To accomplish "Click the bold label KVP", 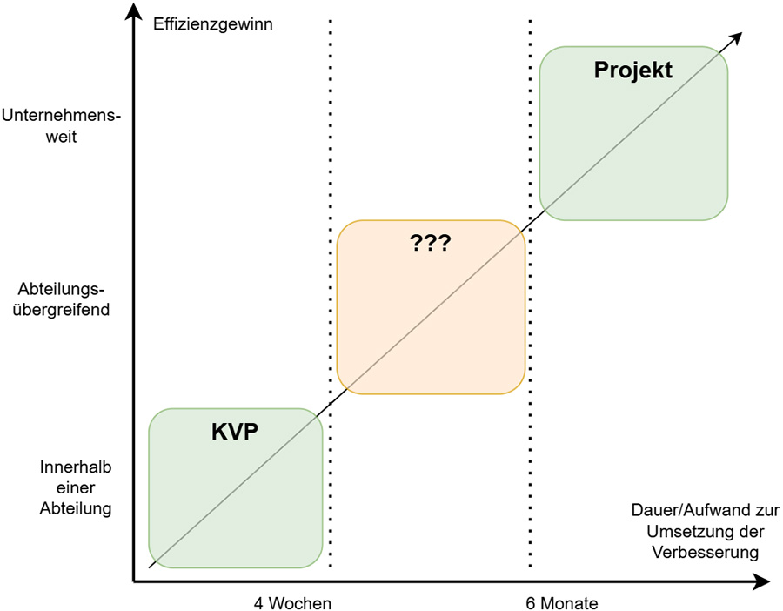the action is (x=235, y=432).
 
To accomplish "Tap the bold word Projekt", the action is (x=633, y=70).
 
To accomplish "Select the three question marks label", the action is (x=431, y=244).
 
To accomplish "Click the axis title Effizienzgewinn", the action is (x=213, y=24).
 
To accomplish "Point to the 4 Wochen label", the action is (x=292, y=603).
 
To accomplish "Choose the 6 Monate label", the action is (x=562, y=603).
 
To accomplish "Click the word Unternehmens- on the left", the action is (x=62, y=116).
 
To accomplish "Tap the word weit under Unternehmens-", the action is (x=62, y=137).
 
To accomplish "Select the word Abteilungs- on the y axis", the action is (x=62, y=289).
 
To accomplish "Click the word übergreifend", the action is (x=62, y=310).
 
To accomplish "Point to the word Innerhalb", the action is (x=76, y=467).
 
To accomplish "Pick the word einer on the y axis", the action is (x=76, y=487).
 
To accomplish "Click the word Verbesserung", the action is (x=706, y=552).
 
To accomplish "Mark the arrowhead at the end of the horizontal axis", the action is (x=760, y=581).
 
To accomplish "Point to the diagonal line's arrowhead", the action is (x=736, y=38).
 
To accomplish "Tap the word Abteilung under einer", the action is (x=76, y=508).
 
